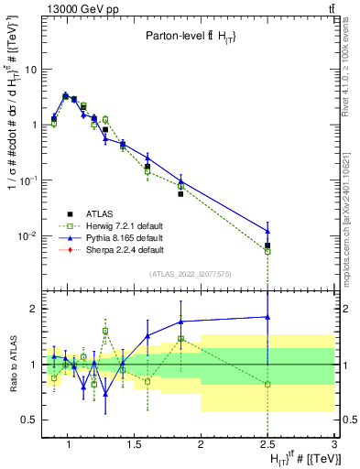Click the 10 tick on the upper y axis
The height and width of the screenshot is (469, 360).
click(30, 69)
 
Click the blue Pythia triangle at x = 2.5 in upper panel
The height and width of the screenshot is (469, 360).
click(267, 230)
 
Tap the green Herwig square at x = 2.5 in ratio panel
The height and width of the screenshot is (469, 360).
click(267, 385)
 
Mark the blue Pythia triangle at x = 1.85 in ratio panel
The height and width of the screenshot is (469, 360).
click(181, 322)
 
